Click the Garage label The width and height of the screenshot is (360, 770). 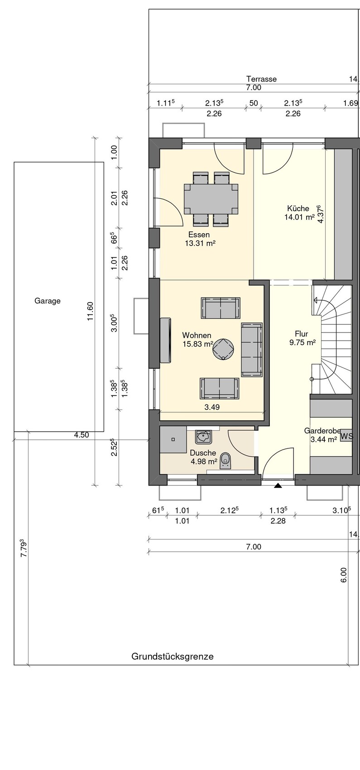(x=48, y=301)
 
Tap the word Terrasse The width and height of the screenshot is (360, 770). (x=261, y=79)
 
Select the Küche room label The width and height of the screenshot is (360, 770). (x=298, y=208)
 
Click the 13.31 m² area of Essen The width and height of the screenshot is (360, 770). (x=200, y=243)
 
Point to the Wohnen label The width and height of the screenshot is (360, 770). (x=197, y=335)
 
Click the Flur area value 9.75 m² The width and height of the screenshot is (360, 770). (x=302, y=342)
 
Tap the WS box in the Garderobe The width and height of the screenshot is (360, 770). (x=346, y=436)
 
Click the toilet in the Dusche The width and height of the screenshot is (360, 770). (x=226, y=461)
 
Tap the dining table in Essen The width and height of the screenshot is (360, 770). (x=211, y=199)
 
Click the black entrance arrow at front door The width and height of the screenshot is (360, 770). (x=278, y=486)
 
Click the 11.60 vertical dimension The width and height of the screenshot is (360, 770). (x=90, y=311)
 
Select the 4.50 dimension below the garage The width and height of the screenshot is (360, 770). (x=82, y=435)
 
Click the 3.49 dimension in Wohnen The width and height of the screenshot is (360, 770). (x=212, y=407)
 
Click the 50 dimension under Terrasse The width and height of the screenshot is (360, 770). (x=254, y=103)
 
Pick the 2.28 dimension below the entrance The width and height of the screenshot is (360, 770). (x=278, y=521)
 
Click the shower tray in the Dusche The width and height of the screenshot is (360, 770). (x=173, y=439)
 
